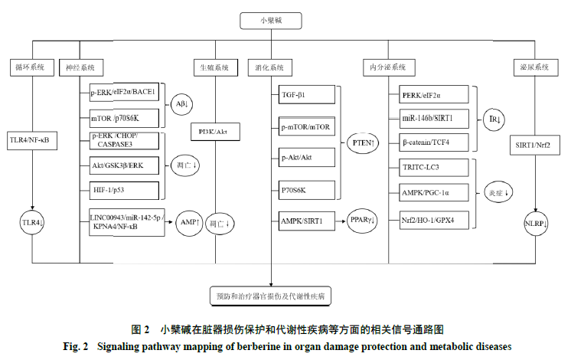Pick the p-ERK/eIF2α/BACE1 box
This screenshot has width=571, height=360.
(122, 93)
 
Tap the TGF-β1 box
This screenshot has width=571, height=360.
(304, 94)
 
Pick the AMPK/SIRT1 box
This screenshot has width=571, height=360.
(304, 221)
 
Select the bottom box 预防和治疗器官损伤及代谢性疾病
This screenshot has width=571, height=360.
(285, 294)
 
